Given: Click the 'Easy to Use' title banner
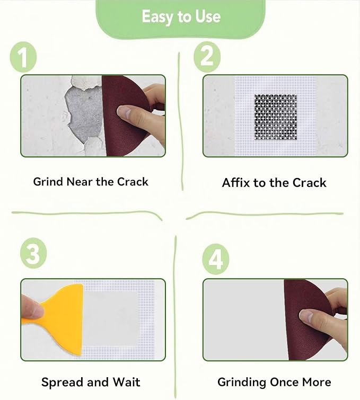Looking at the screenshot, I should tap(181, 17).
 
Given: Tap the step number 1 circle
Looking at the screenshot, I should tap(23, 58).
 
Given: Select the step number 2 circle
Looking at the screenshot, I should tap(207, 58).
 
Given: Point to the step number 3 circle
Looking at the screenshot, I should tap(33, 255).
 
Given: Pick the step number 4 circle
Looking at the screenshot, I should tap(216, 260).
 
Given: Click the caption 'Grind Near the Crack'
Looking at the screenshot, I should tap(91, 182).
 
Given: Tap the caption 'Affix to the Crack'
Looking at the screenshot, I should tap(274, 183).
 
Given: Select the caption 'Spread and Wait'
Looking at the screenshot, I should tap(91, 382).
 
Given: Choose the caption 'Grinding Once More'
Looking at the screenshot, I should tap(274, 382).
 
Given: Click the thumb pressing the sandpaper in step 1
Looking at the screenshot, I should tap(130, 112).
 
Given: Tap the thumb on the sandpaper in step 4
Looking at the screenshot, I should tap(313, 317).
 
